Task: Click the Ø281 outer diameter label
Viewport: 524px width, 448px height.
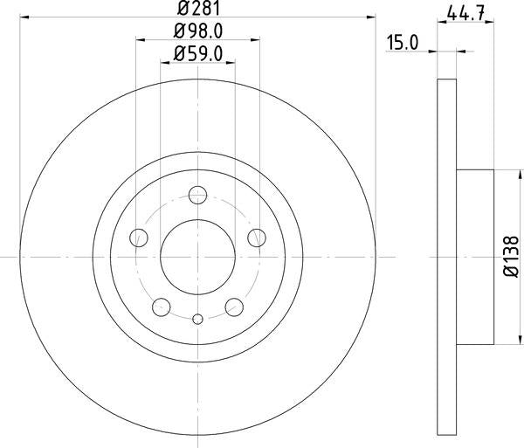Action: [x=197, y=10]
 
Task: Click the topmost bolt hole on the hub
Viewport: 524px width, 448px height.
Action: [x=198, y=195]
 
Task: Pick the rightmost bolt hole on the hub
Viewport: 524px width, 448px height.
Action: [x=257, y=237]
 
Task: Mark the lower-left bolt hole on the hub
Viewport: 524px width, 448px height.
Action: [x=162, y=307]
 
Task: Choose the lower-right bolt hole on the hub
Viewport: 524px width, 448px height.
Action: [x=234, y=307]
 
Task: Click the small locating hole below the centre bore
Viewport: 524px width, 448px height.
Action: [x=198, y=319]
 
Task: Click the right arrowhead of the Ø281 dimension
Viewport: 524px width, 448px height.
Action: [x=370, y=18]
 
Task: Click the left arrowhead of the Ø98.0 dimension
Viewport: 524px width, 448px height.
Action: [x=141, y=39]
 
